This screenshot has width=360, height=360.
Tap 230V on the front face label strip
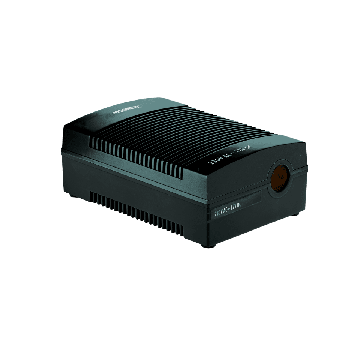click(x=219, y=213)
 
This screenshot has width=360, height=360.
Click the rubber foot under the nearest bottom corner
click(x=204, y=246)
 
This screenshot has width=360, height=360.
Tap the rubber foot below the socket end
click(x=295, y=214)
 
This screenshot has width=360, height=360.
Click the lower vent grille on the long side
click(x=136, y=213)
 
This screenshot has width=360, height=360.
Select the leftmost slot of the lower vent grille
click(x=91, y=197)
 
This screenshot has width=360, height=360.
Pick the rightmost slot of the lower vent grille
click(x=182, y=231)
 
